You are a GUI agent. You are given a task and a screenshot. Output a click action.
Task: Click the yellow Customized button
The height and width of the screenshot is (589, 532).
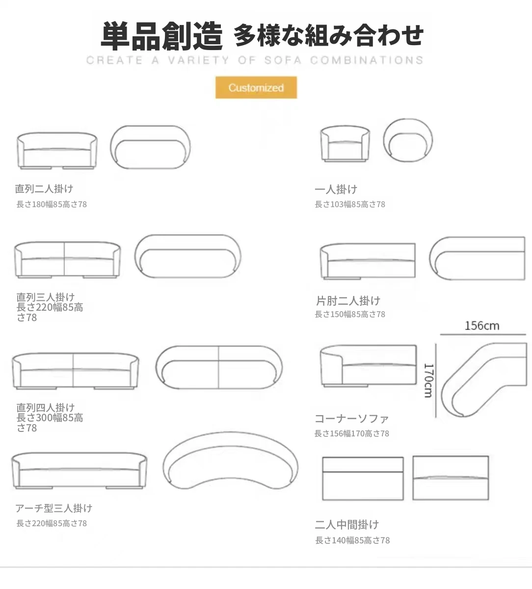(x=256, y=87)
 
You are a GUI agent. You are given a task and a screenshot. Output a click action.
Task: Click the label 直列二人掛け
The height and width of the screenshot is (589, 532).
(x=44, y=189)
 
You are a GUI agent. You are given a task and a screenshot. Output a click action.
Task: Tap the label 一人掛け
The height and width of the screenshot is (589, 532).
(x=336, y=189)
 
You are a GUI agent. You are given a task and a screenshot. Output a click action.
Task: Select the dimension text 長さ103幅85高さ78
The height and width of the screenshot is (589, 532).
(x=349, y=204)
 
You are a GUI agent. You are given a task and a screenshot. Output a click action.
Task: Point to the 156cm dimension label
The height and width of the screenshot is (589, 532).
(x=482, y=326)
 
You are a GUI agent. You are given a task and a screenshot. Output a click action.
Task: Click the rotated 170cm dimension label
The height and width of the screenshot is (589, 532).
(x=428, y=380)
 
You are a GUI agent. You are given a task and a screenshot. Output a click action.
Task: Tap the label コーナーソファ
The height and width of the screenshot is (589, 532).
(x=351, y=419)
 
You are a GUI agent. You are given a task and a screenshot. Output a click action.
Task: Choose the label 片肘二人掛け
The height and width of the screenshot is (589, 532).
(x=348, y=301)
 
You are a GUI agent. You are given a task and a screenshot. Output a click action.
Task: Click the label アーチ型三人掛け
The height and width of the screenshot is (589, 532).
(x=53, y=508)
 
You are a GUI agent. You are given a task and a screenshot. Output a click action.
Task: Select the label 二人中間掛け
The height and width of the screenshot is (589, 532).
(x=347, y=525)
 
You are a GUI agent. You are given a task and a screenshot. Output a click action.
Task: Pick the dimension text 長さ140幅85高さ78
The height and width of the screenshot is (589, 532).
(x=352, y=540)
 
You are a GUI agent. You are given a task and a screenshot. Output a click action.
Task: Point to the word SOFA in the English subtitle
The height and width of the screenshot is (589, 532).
(x=283, y=60)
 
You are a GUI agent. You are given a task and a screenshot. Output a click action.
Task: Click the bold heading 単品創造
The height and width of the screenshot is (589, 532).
(x=161, y=36)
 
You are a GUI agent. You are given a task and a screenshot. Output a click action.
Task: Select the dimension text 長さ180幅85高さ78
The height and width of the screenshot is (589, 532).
(x=52, y=204)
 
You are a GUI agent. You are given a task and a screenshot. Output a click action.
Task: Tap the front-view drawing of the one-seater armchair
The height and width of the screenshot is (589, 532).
(x=345, y=144)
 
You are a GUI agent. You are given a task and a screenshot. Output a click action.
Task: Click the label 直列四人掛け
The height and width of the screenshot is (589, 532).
(x=46, y=407)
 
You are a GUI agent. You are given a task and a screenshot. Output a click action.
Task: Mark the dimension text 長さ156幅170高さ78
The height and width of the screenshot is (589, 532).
(x=351, y=433)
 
